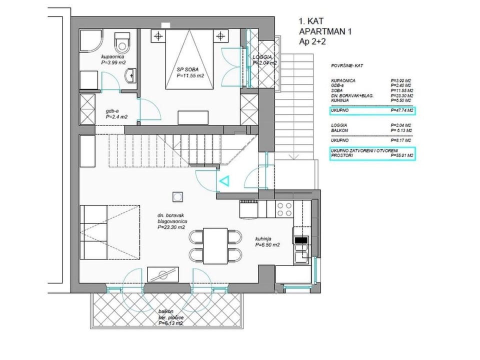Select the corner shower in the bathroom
(x=90, y=42)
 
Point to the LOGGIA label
(x=264, y=60)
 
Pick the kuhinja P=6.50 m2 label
(x=266, y=242)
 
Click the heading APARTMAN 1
(x=325, y=32)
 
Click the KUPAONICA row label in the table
(x=343, y=80)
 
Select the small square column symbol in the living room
(x=177, y=196)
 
